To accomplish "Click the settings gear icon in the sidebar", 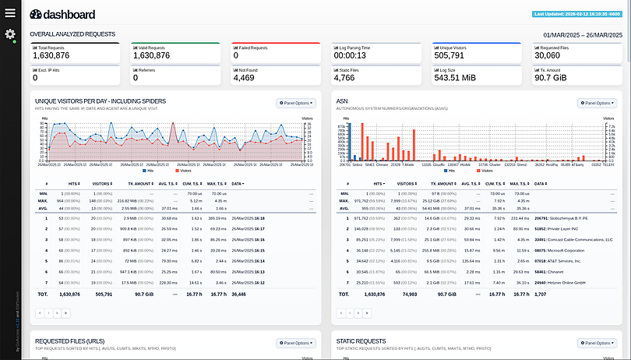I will coord(9,34).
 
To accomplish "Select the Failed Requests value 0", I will coord(236,55).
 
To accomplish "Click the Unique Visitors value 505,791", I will coord(451,55).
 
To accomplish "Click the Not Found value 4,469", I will coord(243,77).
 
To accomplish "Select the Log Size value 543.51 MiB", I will coord(455,77).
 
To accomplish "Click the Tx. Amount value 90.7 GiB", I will coord(550,77).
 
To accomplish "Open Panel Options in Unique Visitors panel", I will coord(295,102).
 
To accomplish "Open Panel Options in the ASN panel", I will coord(597,102).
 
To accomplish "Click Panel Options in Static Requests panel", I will coord(597,342).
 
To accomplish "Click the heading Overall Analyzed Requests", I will coord(72,34).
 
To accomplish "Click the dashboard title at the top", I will coord(64,14).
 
